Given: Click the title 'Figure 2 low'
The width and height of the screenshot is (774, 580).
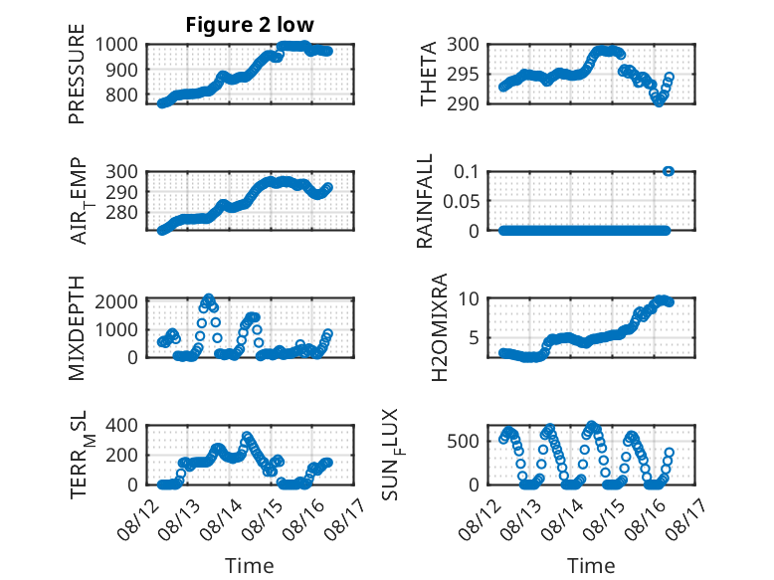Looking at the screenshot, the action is pyautogui.click(x=250, y=25).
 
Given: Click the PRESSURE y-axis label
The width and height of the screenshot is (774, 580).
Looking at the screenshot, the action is pyautogui.click(x=77, y=74).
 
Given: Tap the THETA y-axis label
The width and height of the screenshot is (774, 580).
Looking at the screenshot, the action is pyautogui.click(x=428, y=74).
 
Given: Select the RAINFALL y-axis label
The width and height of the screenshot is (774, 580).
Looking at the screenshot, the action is pyautogui.click(x=425, y=200).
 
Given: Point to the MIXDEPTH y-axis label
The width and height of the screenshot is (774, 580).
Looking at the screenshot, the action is pyautogui.click(x=77, y=328).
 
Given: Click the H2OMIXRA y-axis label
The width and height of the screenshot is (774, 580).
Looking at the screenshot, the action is pyautogui.click(x=439, y=327).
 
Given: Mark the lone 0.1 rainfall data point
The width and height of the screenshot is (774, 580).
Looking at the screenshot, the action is pyautogui.click(x=669, y=171).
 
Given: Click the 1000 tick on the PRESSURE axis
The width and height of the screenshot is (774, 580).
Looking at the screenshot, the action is pyautogui.click(x=116, y=45).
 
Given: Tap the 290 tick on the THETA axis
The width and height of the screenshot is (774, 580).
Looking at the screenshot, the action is pyautogui.click(x=463, y=103).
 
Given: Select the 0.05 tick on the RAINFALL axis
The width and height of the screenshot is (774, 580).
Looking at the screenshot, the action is pyautogui.click(x=461, y=201).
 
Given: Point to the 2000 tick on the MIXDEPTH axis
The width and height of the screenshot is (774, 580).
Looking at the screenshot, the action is pyautogui.click(x=116, y=301).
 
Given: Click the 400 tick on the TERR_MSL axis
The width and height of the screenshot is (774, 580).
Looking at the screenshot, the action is pyautogui.click(x=121, y=425).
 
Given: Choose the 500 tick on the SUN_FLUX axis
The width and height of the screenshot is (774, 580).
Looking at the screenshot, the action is pyautogui.click(x=463, y=441).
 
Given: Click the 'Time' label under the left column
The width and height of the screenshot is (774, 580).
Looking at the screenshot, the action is pyautogui.click(x=250, y=565).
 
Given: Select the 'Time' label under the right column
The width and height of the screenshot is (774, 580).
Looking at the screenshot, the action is pyautogui.click(x=591, y=565).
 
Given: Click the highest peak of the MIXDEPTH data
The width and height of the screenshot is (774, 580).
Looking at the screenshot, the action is pyautogui.click(x=209, y=298).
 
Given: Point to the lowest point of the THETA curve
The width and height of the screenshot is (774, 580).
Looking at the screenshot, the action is pyautogui.click(x=659, y=102).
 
